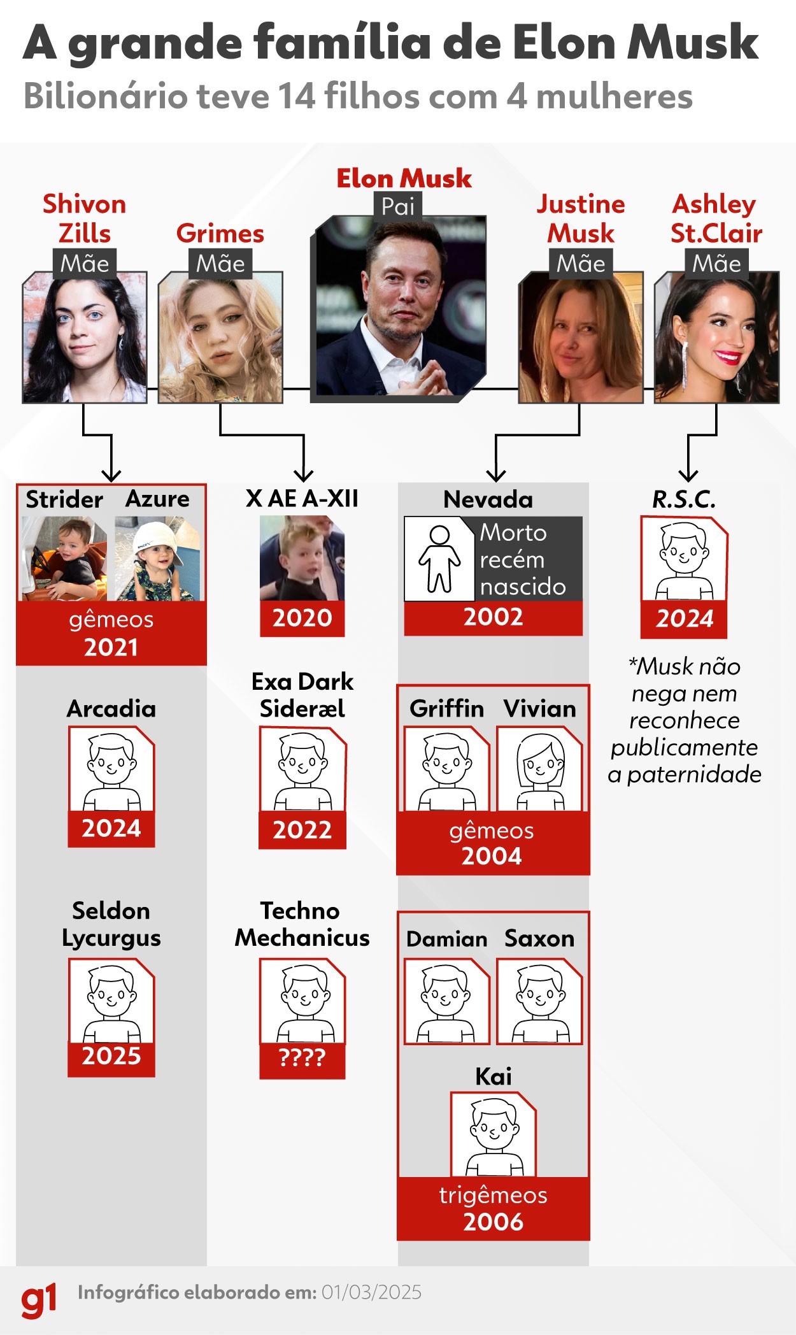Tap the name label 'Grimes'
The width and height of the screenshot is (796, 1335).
(x=220, y=234)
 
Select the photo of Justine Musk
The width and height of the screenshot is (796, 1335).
(x=581, y=338)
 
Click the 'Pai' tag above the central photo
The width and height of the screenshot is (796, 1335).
(x=398, y=206)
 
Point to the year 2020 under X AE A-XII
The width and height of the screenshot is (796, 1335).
(x=302, y=618)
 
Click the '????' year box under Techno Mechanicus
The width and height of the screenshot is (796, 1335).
(x=302, y=1058)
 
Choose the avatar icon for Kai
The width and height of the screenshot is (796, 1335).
(x=494, y=1134)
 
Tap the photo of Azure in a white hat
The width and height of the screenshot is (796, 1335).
(x=157, y=559)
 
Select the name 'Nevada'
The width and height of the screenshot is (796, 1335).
(x=488, y=499)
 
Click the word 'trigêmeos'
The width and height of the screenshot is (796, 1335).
(x=494, y=1196)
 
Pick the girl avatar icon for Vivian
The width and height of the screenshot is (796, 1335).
(x=540, y=769)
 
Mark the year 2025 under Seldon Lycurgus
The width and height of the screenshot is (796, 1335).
(x=111, y=1056)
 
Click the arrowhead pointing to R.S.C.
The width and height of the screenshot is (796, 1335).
(x=688, y=475)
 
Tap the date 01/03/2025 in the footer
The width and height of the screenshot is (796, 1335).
(x=371, y=1292)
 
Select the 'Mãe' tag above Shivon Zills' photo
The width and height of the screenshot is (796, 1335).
(x=85, y=264)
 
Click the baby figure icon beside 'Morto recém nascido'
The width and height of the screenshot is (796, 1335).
(x=439, y=559)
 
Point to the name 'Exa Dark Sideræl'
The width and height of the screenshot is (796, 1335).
(x=302, y=695)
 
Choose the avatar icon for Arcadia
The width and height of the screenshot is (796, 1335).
(x=111, y=769)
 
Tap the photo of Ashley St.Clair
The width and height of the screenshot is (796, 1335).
(x=716, y=338)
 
